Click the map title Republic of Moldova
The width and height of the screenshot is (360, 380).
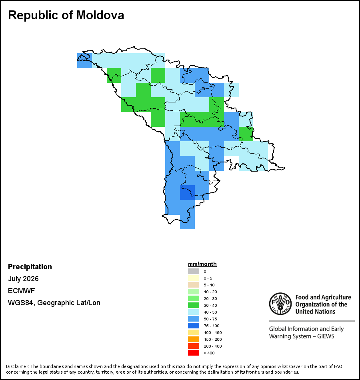tap(66, 15)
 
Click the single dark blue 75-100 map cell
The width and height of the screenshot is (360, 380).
tap(187, 192)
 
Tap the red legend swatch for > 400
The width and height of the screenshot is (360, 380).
tap(194, 353)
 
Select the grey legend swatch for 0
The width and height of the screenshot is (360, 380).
tap(194, 271)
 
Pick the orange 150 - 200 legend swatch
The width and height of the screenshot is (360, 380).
tap(194, 339)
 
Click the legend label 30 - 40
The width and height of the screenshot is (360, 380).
tap(210, 305)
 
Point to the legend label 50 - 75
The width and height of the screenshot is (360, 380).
tap(210, 319)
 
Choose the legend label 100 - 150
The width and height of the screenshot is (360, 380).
tap(213, 332)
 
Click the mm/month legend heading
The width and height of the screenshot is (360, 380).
tap(202, 264)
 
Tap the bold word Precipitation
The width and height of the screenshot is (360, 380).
tap(30, 266)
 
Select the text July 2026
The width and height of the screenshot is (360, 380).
tap(23, 279)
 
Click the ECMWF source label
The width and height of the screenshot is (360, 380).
tap(21, 290)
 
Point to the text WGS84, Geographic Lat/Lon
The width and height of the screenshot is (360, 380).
tap(54, 303)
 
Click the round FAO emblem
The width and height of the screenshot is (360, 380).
tap(280, 304)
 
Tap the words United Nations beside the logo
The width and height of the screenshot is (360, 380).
tap(315, 312)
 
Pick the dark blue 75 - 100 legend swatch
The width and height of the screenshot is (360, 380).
tap(194, 326)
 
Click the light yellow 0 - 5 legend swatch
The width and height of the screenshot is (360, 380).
tap(194, 278)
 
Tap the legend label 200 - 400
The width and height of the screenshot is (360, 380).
tap(213, 346)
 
